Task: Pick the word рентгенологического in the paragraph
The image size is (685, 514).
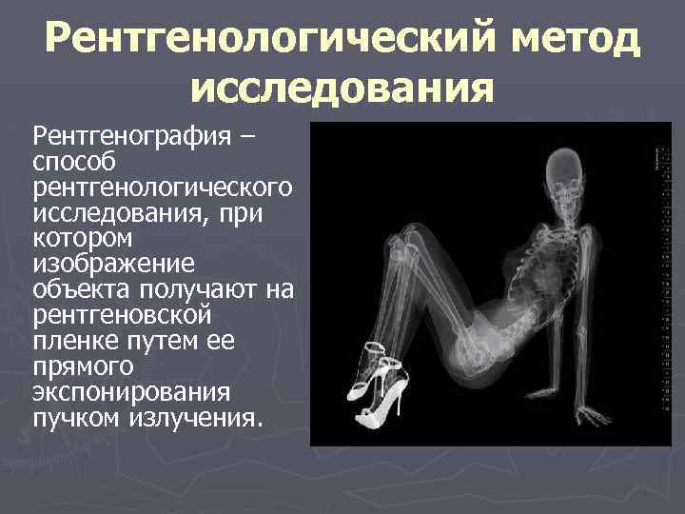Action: [162, 186]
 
